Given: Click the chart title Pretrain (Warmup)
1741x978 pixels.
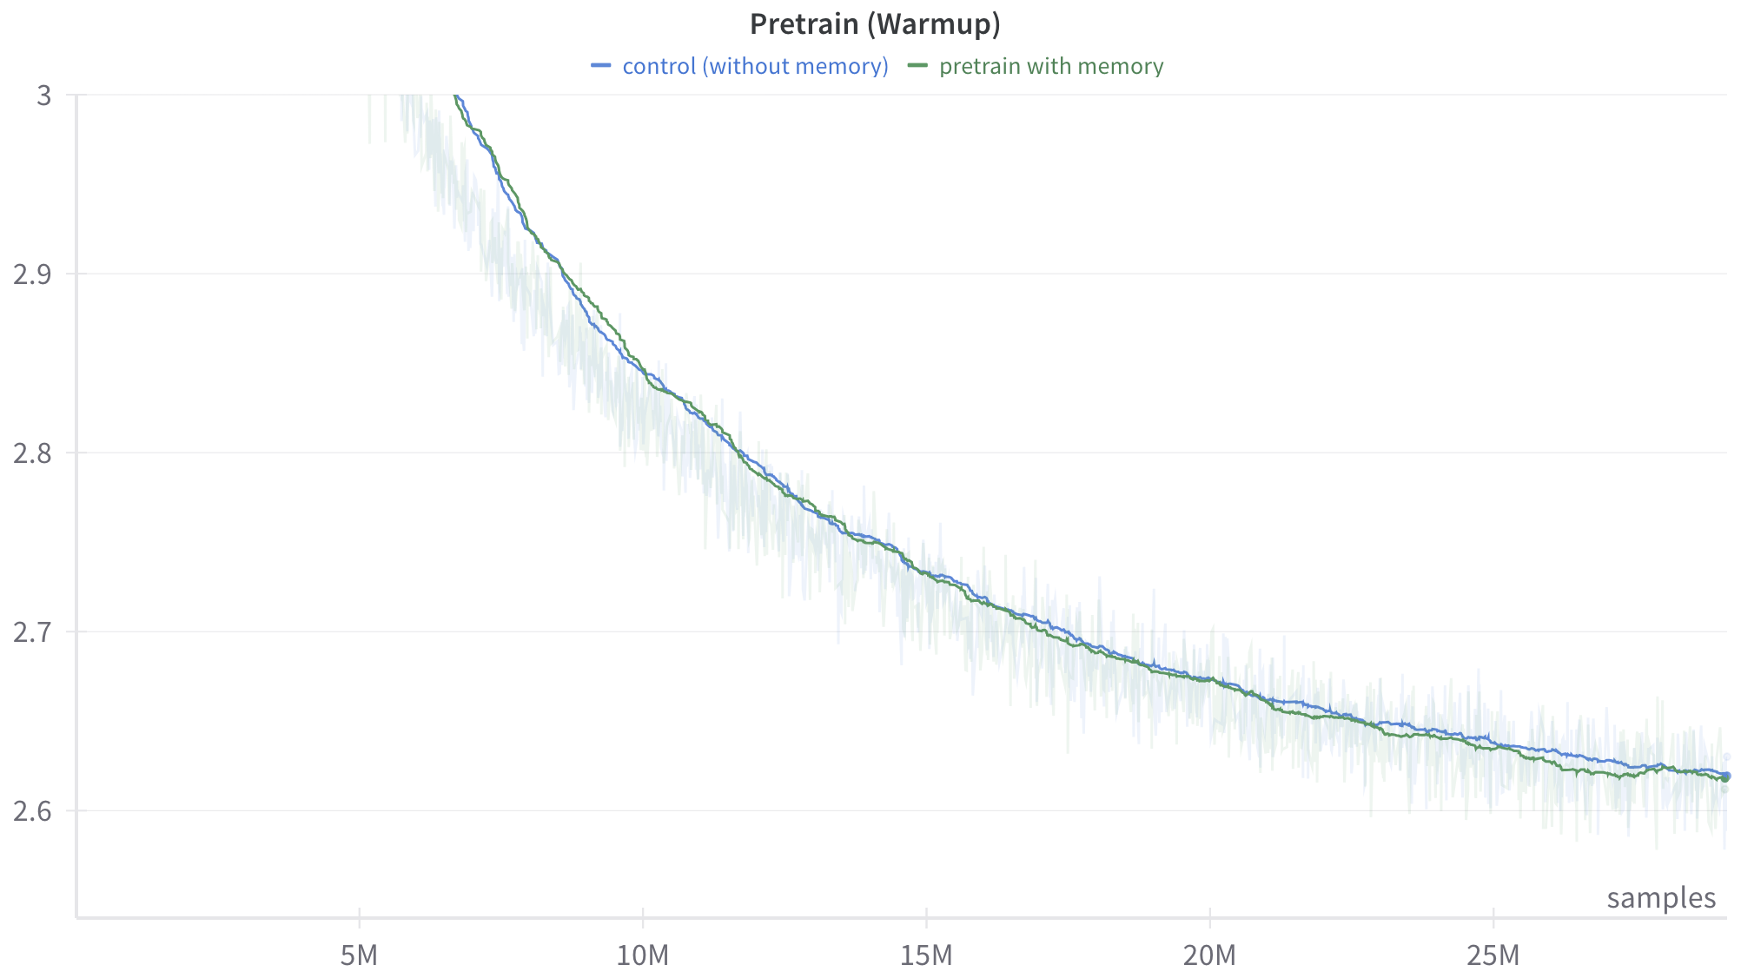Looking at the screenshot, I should (x=875, y=24).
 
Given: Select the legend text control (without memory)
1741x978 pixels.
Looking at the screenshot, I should (x=755, y=66).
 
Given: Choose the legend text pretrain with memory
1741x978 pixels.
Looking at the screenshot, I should (x=1050, y=66).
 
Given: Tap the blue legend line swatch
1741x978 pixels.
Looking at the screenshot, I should (x=601, y=66).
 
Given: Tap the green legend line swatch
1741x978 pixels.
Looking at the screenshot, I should (x=917, y=66).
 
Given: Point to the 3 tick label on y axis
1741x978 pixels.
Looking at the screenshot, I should (x=44, y=96).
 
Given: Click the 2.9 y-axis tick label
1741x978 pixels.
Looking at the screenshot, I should (x=32, y=274).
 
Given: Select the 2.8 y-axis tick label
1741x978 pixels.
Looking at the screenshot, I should (x=32, y=453).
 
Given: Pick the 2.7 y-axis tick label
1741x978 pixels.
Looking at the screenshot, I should (x=32, y=632).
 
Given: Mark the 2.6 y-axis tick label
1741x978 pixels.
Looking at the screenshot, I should (x=32, y=811).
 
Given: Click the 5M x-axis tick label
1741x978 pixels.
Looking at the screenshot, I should (x=359, y=956).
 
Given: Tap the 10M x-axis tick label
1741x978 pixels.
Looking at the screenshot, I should (x=643, y=956).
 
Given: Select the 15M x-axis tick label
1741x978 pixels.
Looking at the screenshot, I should (x=926, y=956).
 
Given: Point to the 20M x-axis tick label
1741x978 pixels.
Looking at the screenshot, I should (x=1209, y=956).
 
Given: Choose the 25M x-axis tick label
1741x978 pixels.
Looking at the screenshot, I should (x=1493, y=956).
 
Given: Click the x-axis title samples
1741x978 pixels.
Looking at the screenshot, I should (x=1661, y=898).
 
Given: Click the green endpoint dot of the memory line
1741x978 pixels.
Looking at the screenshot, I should (x=1725, y=778).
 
